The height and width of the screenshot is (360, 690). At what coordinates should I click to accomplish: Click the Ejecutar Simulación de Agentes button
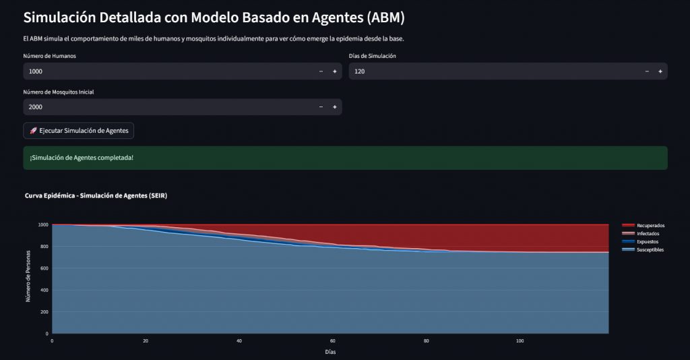(x=79, y=130)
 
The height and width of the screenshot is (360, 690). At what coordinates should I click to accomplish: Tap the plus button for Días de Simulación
(x=660, y=71)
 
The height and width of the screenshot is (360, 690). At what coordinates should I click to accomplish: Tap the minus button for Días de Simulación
(x=646, y=71)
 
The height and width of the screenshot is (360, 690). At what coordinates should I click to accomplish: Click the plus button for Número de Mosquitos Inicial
(x=334, y=107)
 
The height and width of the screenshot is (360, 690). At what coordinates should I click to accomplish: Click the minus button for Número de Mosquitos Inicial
(x=321, y=107)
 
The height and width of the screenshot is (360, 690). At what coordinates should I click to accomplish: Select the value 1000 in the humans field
(x=36, y=71)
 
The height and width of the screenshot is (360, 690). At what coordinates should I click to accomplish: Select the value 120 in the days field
(x=360, y=71)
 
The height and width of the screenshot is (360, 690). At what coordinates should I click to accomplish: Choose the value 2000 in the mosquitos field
(x=36, y=107)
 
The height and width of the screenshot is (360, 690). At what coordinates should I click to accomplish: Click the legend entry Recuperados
(x=650, y=225)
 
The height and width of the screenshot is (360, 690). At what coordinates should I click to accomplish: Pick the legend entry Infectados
(x=649, y=233)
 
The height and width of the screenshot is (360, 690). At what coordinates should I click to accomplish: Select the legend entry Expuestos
(x=648, y=241)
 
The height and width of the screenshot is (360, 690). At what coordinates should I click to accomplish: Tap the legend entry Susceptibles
(x=650, y=249)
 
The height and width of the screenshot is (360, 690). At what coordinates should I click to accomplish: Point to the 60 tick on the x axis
(x=333, y=341)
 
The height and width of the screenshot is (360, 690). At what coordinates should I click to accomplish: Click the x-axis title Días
(x=330, y=352)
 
